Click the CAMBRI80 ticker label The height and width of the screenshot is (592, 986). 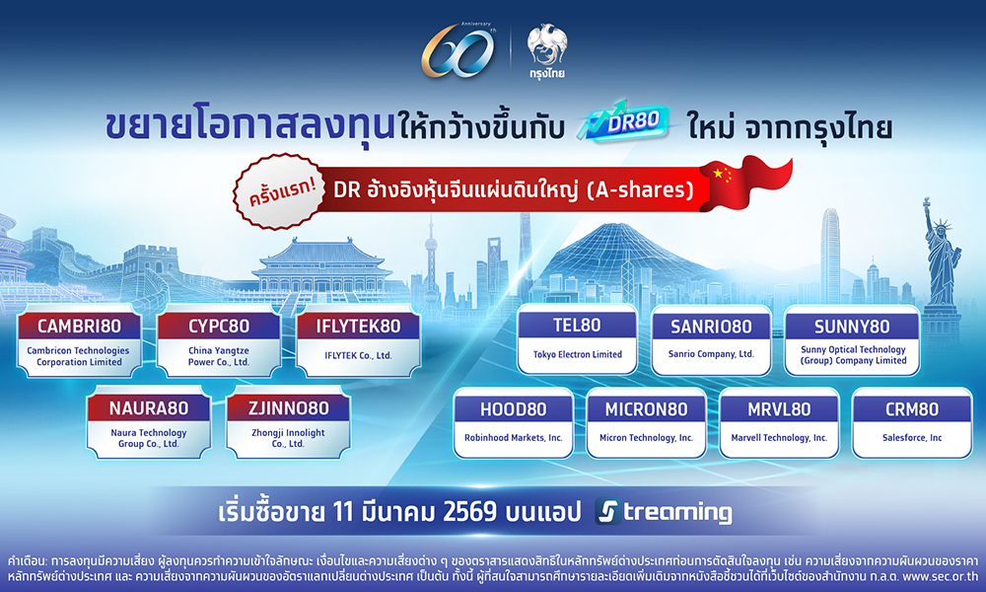[75, 327]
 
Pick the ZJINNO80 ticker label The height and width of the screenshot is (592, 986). [290, 407]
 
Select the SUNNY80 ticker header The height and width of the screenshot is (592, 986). [852, 327]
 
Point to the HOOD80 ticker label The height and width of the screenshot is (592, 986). [514, 407]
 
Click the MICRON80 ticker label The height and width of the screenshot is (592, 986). [647, 407]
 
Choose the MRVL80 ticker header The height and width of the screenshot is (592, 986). [779, 407]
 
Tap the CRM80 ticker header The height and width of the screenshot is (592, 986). [912, 407]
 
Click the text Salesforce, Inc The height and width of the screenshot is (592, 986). [912, 437]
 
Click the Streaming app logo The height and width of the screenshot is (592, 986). [665, 512]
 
